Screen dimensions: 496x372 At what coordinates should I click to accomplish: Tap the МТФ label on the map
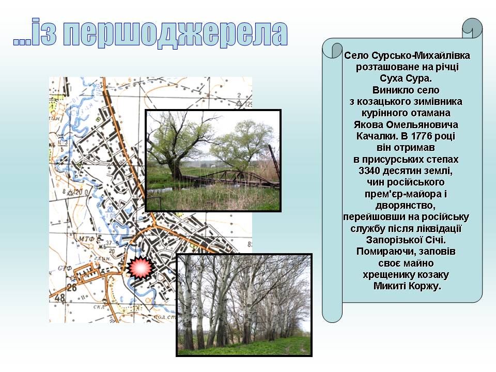(x=86, y=239)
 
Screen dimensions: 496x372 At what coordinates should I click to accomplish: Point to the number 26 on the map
(x=71, y=287)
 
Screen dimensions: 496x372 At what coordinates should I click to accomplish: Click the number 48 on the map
(x=60, y=298)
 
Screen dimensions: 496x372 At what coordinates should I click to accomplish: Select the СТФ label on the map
(x=65, y=268)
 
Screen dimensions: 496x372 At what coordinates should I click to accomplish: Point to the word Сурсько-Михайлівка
(x=421, y=55)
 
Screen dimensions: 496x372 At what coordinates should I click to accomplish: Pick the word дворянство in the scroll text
(x=406, y=206)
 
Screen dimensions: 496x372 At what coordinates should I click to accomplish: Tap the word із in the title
(x=44, y=32)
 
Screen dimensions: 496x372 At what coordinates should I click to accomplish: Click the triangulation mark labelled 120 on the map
(x=71, y=192)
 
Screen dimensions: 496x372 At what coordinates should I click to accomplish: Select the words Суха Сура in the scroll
(x=406, y=78)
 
